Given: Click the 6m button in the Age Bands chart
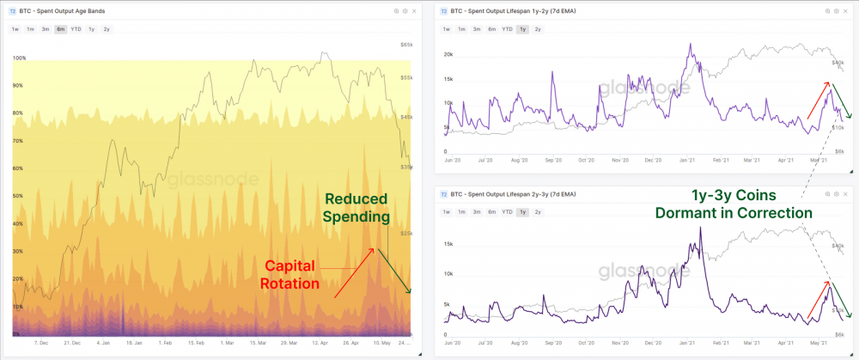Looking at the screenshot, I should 60,29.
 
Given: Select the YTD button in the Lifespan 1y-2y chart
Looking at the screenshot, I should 508,29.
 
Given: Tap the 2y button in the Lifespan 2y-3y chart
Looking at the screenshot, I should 538,211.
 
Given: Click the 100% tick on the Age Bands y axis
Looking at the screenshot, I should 20,58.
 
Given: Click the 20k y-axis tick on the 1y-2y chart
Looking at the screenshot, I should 448,54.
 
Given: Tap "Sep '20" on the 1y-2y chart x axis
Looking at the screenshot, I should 554,160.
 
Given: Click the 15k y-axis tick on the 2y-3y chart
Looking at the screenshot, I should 448,243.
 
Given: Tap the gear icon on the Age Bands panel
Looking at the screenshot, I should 407,12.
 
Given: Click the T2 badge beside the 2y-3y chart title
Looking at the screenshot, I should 444,194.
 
